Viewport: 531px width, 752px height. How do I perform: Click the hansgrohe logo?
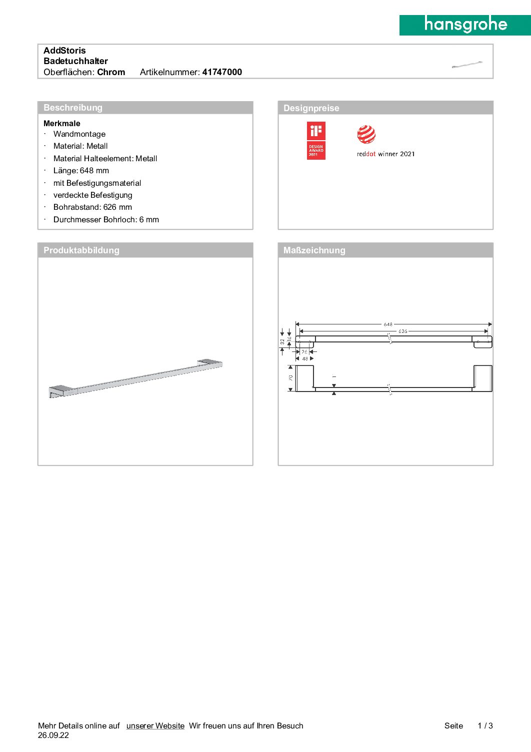pyautogui.click(x=465, y=25)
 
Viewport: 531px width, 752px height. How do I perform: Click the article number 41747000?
pyautogui.click(x=222, y=72)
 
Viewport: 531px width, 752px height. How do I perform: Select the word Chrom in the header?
pyautogui.click(x=111, y=72)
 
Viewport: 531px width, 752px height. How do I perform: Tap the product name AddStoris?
pyautogui.click(x=64, y=51)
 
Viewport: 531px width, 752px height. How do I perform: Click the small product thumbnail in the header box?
pyautogui.click(x=467, y=65)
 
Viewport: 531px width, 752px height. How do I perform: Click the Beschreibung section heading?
pyautogui.click(x=73, y=108)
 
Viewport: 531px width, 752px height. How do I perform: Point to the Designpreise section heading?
pyautogui.click(x=311, y=108)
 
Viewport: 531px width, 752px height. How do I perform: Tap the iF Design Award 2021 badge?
pyautogui.click(x=316, y=141)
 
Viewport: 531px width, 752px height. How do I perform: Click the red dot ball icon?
pyautogui.click(x=366, y=135)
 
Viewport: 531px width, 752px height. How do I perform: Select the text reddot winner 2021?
pyautogui.click(x=385, y=154)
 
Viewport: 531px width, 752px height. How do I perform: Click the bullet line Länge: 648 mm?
pyautogui.click(x=81, y=171)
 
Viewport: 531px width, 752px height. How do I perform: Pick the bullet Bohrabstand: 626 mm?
pyautogui.click(x=92, y=207)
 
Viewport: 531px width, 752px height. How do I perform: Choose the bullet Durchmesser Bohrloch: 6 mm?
pyautogui.click(x=106, y=220)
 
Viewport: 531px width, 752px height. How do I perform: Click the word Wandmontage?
pyautogui.click(x=79, y=134)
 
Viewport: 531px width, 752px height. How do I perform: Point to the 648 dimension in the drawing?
pyautogui.click(x=388, y=324)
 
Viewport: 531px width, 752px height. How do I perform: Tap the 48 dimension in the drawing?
pyautogui.click(x=305, y=359)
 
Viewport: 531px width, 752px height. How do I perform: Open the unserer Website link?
pyautogui.click(x=155, y=726)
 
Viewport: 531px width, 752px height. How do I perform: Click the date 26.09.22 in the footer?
pyautogui.click(x=53, y=735)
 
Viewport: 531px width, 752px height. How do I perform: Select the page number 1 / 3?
pyautogui.click(x=485, y=726)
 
